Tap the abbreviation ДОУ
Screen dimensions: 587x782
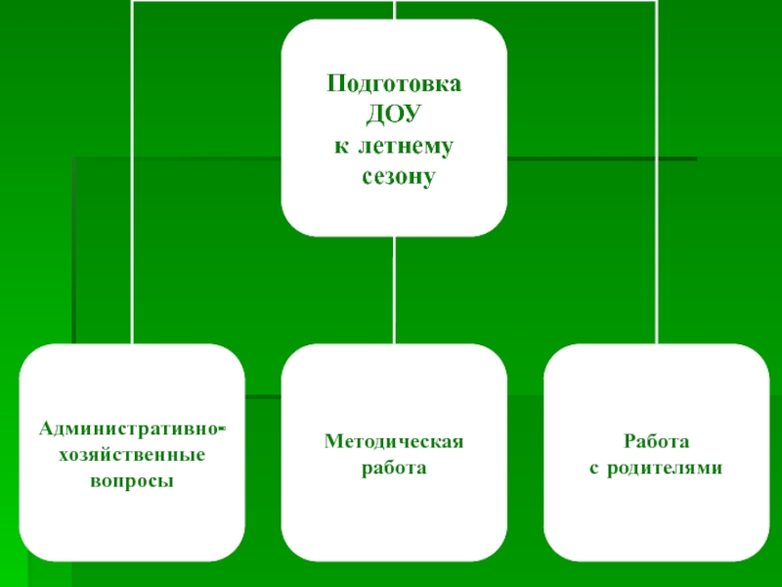392,113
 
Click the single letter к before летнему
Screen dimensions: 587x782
340,146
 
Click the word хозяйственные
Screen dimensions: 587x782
132,455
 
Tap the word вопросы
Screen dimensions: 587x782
132,482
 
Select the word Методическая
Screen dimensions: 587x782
394,442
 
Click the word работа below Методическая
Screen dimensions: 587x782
394,469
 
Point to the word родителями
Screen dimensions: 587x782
665,469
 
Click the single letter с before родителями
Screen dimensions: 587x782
593,469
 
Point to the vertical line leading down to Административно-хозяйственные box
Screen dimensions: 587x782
132,196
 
